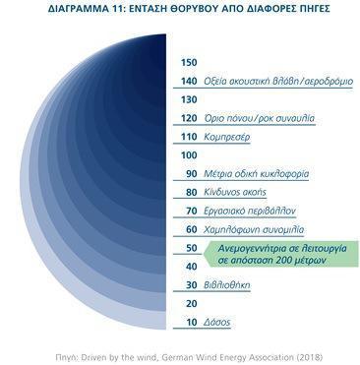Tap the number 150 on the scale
(189, 62)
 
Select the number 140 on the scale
(189, 81)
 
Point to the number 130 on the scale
(189, 99)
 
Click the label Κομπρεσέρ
(227, 137)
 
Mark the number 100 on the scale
(189, 154)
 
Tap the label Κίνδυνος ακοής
(236, 193)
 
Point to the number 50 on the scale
(191, 249)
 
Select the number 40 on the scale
(191, 268)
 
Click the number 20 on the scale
(191, 305)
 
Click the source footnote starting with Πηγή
(180, 355)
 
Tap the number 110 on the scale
(189, 137)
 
